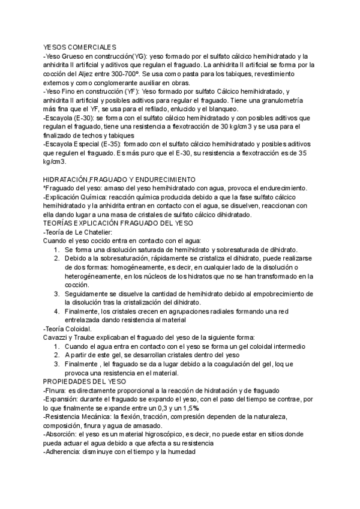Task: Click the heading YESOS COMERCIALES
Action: (80, 47)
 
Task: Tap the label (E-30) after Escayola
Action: (82, 118)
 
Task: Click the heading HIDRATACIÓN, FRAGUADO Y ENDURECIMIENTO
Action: (119, 179)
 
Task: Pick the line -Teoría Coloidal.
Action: (67, 329)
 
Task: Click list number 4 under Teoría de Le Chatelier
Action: (56, 311)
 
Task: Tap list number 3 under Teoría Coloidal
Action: (56, 364)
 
